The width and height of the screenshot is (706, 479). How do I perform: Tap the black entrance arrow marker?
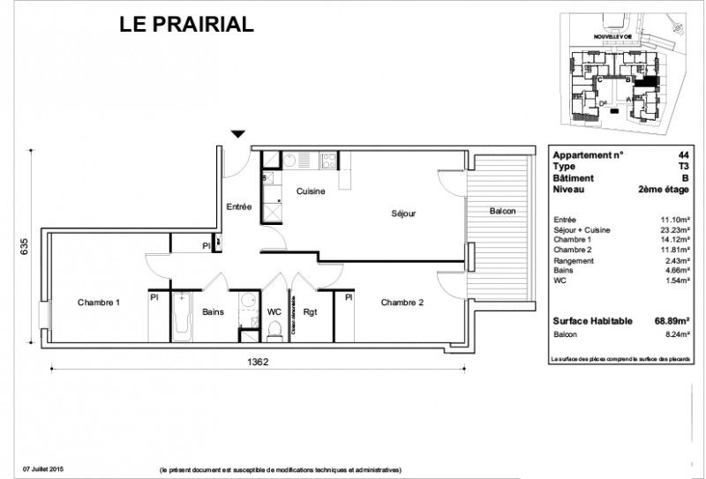pyautogui.click(x=237, y=134)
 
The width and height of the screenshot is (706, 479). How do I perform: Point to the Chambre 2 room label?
pyautogui.click(x=402, y=303)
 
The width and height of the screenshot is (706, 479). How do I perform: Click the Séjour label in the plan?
pyautogui.click(x=404, y=213)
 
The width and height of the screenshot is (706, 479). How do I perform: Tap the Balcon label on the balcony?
pyautogui.click(x=502, y=213)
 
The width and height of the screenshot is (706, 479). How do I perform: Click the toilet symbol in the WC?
pyautogui.click(x=274, y=329)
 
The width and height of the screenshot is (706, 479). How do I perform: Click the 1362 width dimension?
pyautogui.click(x=257, y=362)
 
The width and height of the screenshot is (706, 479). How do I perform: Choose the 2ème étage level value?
pyautogui.click(x=665, y=188)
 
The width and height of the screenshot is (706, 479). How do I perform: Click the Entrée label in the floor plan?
pyautogui.click(x=239, y=206)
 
